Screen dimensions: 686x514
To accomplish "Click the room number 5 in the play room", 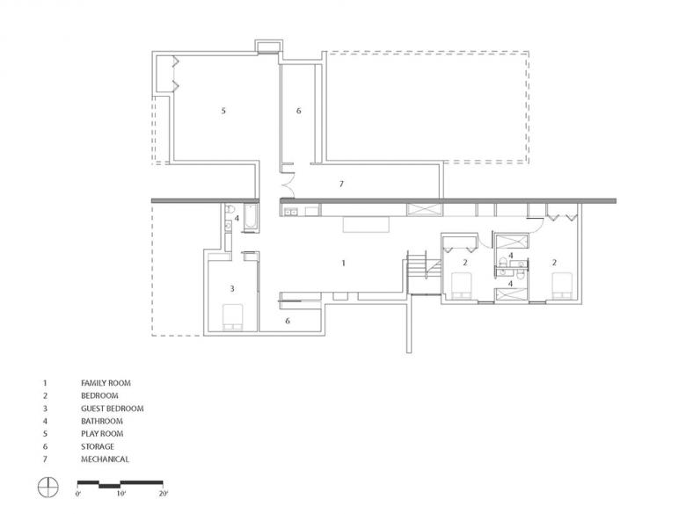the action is (223, 111).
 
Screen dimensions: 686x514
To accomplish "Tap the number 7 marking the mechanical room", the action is (342, 184).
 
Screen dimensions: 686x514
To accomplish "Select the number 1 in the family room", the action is (343, 263).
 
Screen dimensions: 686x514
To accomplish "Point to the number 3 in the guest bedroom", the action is (232, 288).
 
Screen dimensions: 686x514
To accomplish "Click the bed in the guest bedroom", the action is (232, 317).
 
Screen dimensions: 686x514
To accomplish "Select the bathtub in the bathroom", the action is (251, 216).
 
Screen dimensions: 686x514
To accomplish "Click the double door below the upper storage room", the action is (288, 185).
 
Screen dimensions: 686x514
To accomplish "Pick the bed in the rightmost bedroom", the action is (562, 286).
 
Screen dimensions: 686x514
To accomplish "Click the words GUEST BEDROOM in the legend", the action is (113, 409).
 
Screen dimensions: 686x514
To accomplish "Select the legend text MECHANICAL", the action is (105, 460).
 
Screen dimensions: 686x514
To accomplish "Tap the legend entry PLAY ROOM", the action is (102, 434).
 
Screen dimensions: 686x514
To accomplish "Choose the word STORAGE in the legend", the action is (97, 446).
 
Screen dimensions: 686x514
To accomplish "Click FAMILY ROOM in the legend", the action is (106, 383).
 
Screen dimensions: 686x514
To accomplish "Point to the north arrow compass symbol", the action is (47, 487).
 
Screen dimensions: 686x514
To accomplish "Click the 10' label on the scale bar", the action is (121, 494).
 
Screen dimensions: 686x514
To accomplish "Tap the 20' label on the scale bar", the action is (164, 494).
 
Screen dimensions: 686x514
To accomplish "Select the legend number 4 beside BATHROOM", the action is (45, 422).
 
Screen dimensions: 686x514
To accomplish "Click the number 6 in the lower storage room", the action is (288, 322).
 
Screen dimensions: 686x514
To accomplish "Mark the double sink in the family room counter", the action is (290, 213).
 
